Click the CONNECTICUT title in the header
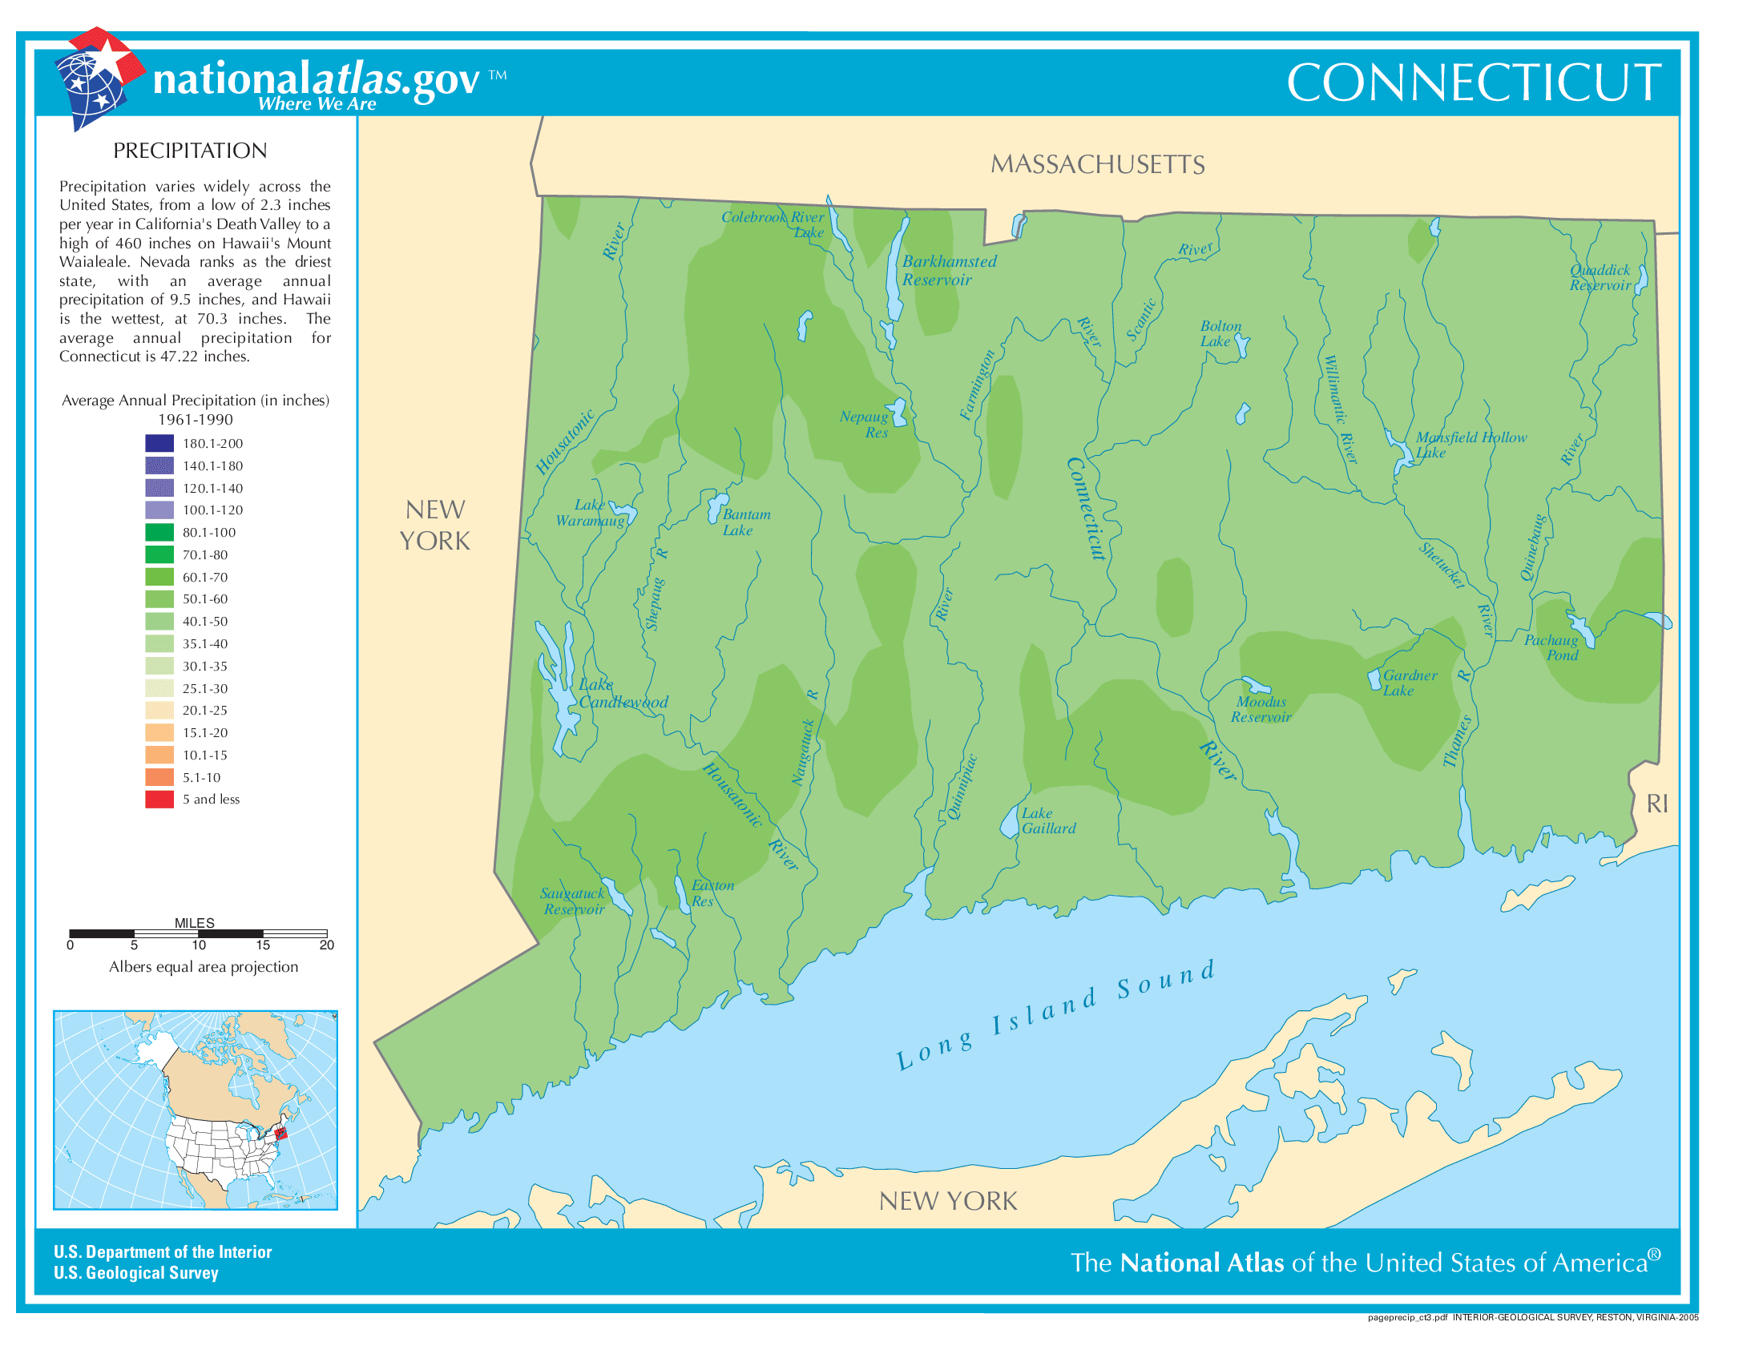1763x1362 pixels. tap(1472, 83)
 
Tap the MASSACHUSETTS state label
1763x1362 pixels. tap(1097, 164)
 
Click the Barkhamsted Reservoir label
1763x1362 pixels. tap(949, 270)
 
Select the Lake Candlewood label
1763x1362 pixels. tap(623, 693)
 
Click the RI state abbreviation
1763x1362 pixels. tap(1656, 804)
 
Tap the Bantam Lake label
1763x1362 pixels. tap(745, 522)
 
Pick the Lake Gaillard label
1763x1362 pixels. tap(1048, 820)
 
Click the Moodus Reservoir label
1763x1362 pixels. tap(1260, 709)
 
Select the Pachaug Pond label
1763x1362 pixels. tap(1551, 647)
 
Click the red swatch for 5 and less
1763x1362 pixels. tap(159, 799)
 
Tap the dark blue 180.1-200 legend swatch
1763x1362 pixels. tap(159, 443)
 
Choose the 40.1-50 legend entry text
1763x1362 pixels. tap(204, 621)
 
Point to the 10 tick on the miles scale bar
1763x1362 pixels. tap(199, 945)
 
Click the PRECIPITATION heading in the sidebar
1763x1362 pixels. tap(190, 151)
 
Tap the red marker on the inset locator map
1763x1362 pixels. tap(280, 1133)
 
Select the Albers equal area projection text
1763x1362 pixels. tap(204, 967)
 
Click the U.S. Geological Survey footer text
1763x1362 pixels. tap(135, 1272)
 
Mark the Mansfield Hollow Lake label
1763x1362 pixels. tap(1469, 445)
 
